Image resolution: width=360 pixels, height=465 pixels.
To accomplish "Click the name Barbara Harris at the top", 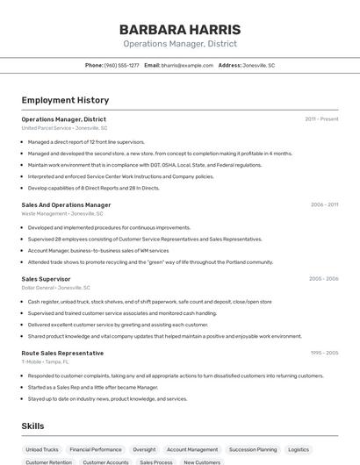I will coord(180,29).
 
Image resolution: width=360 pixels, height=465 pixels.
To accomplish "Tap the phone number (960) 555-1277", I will coord(122,65).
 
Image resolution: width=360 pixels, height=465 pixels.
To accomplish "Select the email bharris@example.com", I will coord(187,65).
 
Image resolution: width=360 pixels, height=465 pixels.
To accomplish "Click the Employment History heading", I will coord(65,100).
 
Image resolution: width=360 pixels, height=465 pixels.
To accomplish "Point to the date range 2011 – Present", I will coord(321,119).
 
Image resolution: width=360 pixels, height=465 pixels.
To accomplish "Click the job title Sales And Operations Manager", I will coord(66,204).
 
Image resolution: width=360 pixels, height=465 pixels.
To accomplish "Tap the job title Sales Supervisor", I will coord(46,279).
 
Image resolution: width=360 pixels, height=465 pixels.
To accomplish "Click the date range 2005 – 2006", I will coord(323,279).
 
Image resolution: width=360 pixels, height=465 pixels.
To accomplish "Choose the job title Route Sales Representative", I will coord(61,353).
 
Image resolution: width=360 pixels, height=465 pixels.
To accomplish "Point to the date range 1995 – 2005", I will coord(324,353).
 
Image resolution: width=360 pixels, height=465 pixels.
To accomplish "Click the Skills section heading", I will coord(33,426).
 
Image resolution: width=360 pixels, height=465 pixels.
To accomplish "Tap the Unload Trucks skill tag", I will coord(42,449).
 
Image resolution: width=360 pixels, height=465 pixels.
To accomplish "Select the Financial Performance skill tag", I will coord(96,449).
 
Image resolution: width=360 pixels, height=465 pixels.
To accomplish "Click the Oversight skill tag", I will coord(144,449).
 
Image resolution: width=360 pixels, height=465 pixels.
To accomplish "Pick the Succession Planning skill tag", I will coord(253,449).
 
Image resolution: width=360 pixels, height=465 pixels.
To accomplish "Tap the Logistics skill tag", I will coord(299,449).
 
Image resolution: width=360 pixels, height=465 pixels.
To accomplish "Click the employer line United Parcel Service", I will coord(64,128).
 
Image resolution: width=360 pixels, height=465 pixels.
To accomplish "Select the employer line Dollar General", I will coord(55,288).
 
